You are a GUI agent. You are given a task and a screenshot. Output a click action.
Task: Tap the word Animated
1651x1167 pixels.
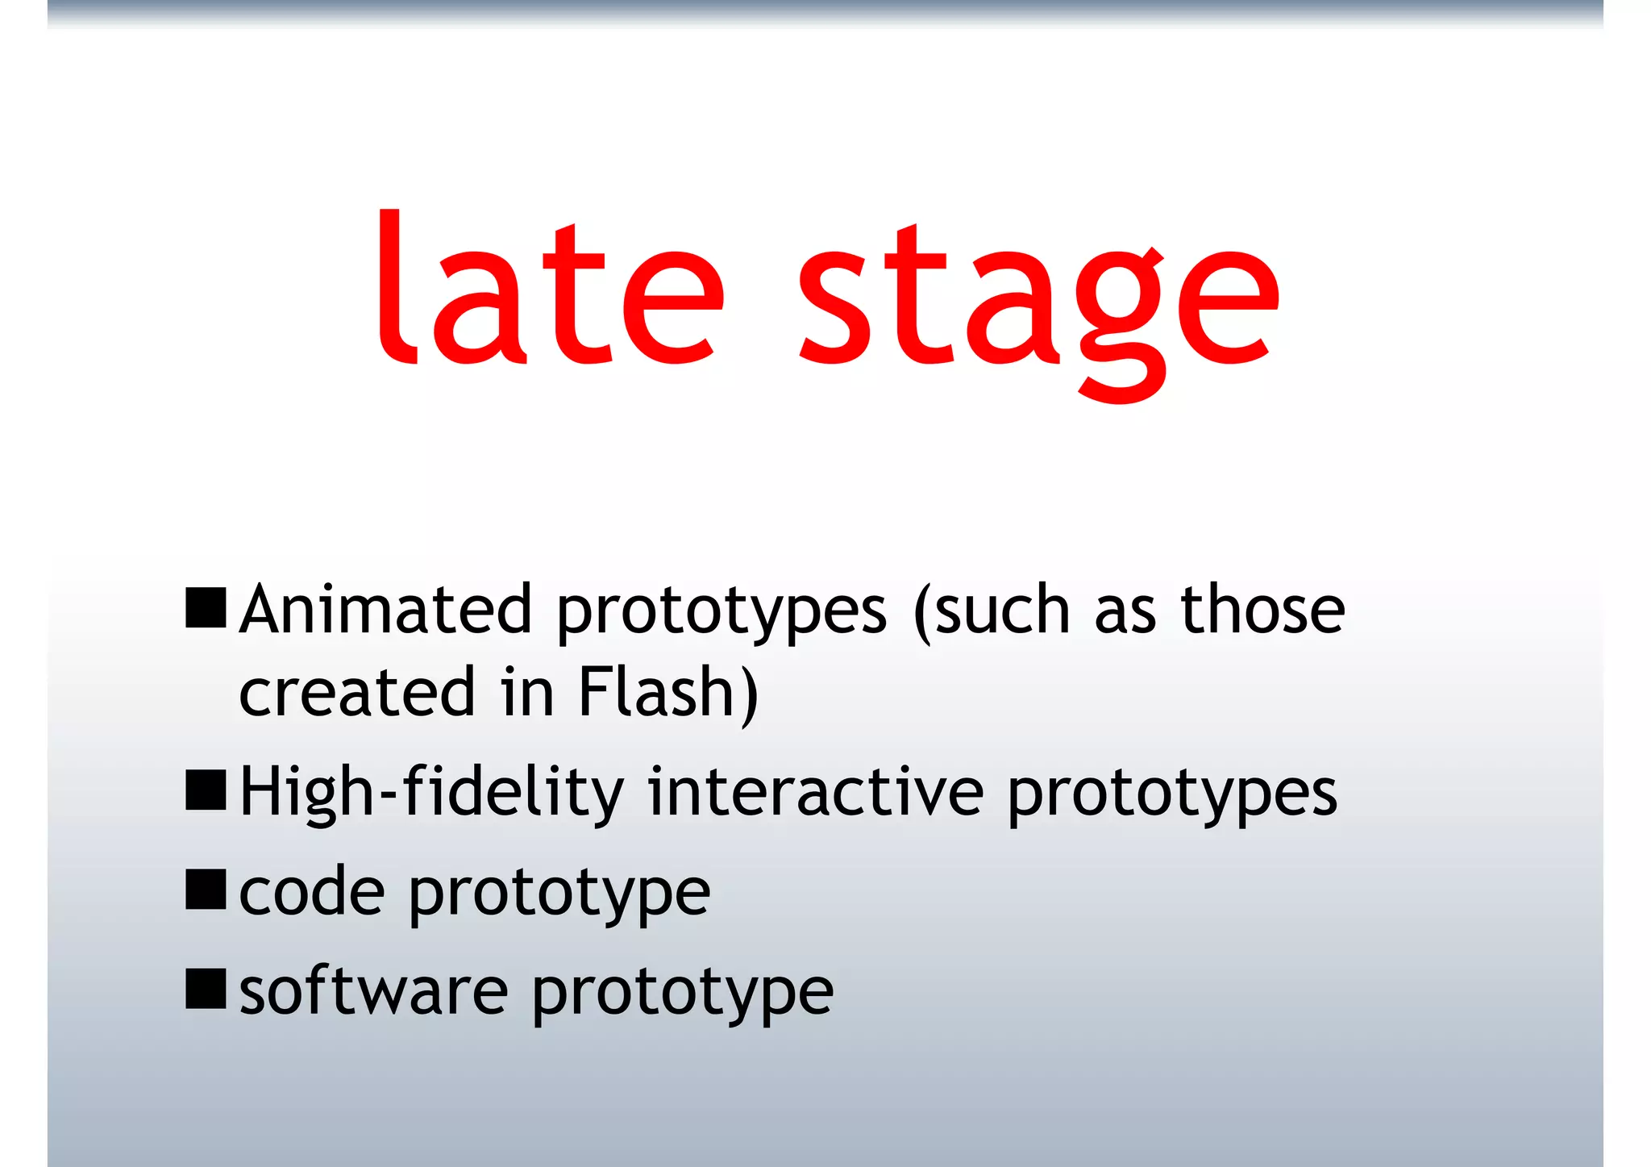pyautogui.click(x=385, y=610)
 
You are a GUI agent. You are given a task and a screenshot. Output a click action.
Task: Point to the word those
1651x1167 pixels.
pyautogui.click(x=1262, y=610)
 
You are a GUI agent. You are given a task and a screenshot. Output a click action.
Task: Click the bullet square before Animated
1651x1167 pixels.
pyautogui.click(x=206, y=608)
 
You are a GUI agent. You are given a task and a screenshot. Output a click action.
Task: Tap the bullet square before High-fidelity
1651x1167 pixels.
pyautogui.click(x=206, y=790)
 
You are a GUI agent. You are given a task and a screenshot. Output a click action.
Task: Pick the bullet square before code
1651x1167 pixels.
pyautogui.click(x=206, y=890)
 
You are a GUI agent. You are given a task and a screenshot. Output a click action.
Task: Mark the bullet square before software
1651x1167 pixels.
pyautogui.click(x=206, y=990)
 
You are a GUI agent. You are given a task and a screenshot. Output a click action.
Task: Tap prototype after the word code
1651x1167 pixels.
pyautogui.click(x=559, y=896)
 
